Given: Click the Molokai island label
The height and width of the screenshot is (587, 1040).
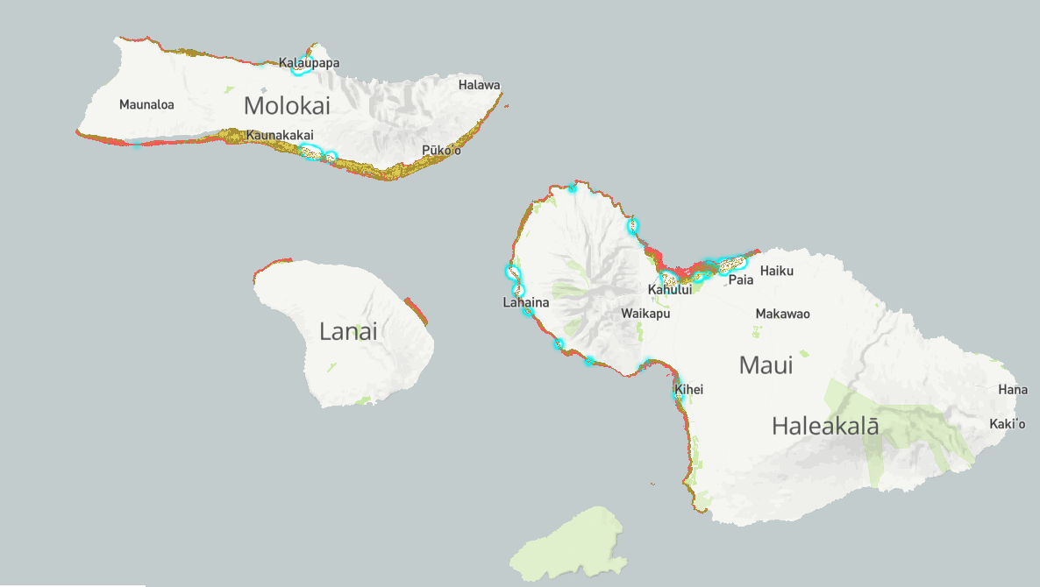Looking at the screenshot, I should click(x=287, y=106).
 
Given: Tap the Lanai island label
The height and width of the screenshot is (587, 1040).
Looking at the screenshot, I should click(x=348, y=331).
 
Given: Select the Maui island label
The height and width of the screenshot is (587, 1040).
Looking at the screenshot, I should click(x=766, y=364).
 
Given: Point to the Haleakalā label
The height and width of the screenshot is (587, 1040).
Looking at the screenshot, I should click(x=824, y=427).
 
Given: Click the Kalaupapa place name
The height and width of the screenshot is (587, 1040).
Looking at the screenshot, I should click(x=310, y=63).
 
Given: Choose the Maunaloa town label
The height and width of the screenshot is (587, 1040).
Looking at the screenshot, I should click(x=146, y=105).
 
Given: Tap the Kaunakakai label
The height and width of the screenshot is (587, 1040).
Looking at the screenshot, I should click(x=280, y=135).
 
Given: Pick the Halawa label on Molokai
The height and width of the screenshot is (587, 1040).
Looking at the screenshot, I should click(x=479, y=85).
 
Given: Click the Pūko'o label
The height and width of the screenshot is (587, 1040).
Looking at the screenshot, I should click(x=441, y=151).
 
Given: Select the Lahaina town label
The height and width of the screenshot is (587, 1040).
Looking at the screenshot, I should click(x=526, y=303).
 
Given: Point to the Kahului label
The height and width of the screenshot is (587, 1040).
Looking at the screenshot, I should click(x=670, y=290).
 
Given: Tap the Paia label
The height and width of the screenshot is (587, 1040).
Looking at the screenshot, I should click(x=741, y=280).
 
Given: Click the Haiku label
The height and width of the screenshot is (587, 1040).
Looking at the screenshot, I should click(x=776, y=271).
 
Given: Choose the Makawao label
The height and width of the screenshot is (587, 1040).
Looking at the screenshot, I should click(x=782, y=314).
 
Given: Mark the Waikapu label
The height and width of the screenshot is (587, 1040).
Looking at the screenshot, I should click(x=645, y=313).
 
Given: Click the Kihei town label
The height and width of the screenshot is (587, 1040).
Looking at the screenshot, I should click(x=689, y=390).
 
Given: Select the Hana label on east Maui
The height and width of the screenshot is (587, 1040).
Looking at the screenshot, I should click(x=1012, y=390).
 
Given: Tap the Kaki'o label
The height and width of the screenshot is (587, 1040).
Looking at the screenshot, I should click(x=1007, y=424).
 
